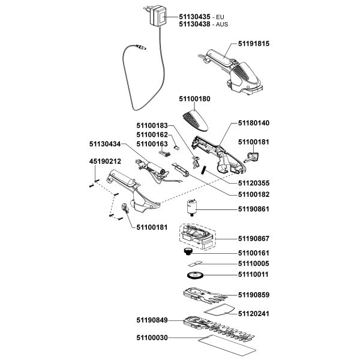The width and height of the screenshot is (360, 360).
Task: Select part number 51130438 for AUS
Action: click(195, 25)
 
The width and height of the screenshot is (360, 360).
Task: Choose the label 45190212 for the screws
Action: click(105, 161)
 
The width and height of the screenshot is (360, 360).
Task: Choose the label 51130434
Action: click(105, 145)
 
